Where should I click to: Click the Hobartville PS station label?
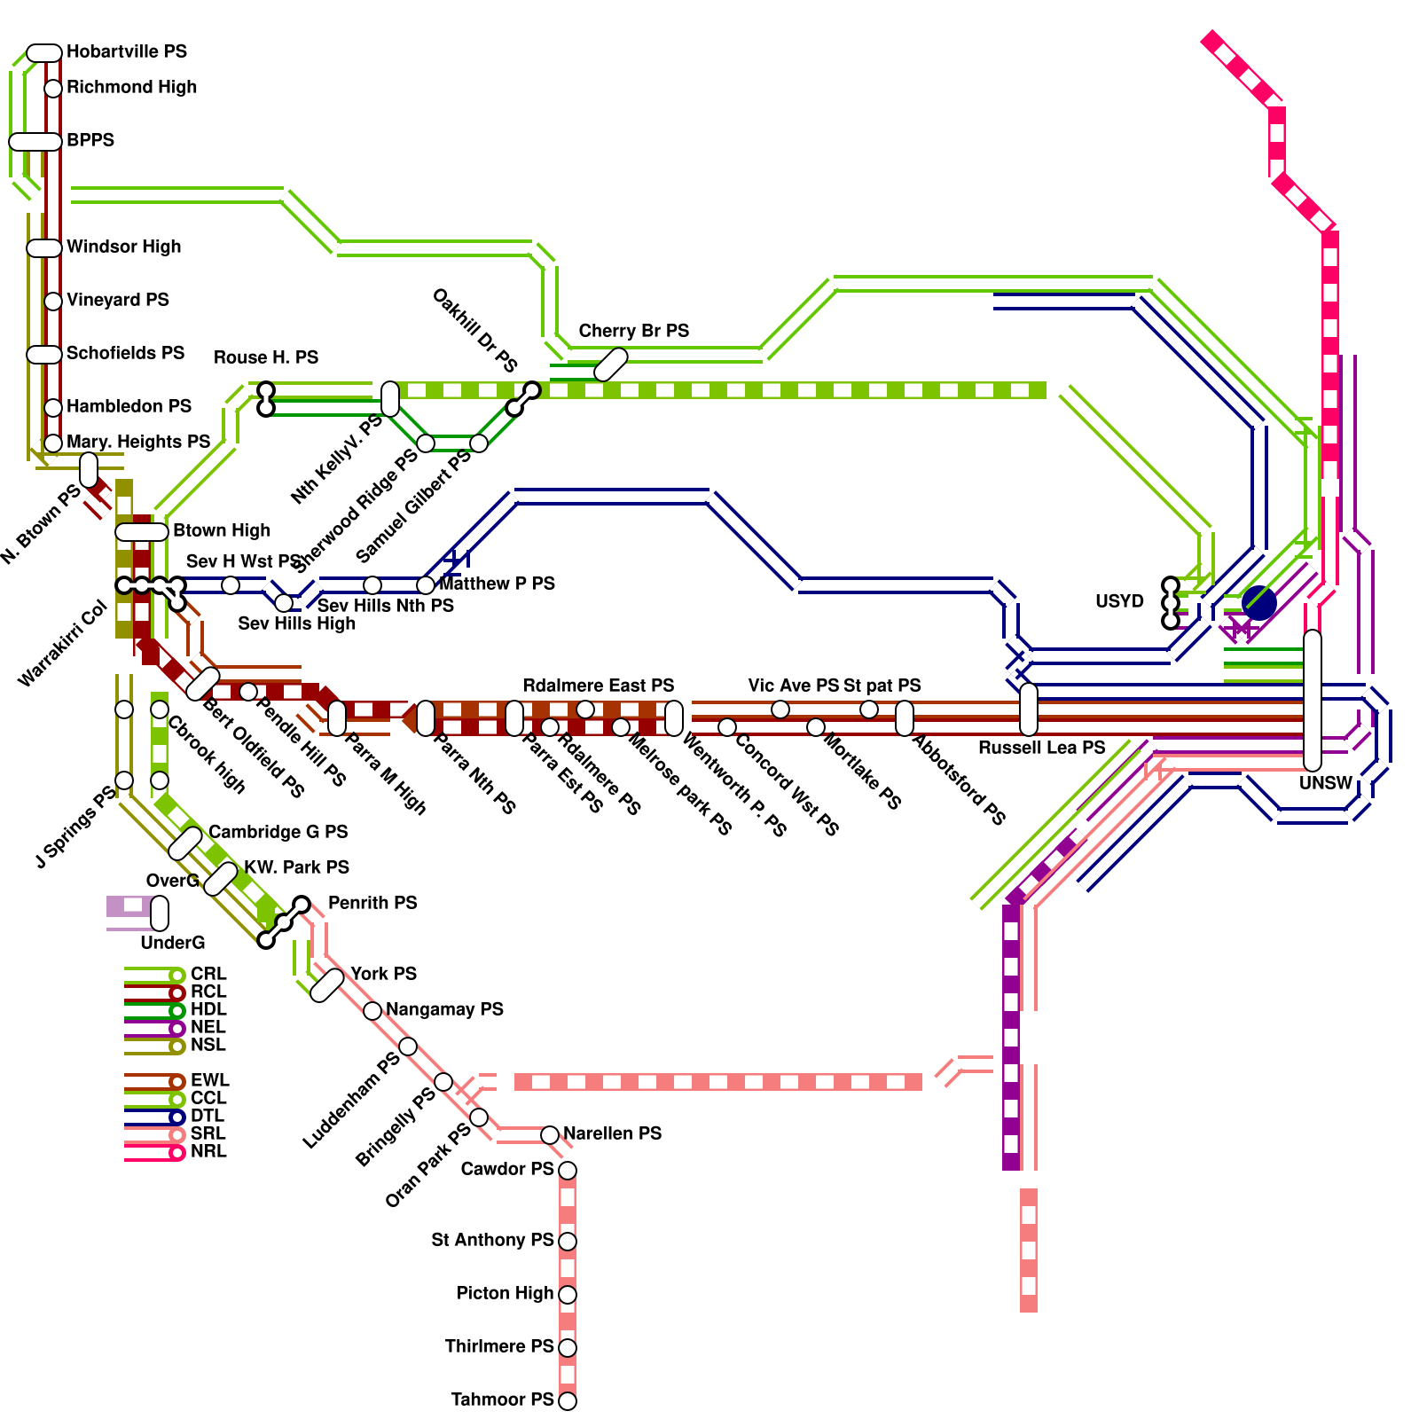pyautogui.click(x=126, y=51)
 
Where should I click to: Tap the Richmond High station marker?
pyautogui.click(x=53, y=89)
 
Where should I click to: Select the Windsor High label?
pyautogui.click(x=123, y=247)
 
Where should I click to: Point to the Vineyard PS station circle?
pyautogui.click(x=53, y=302)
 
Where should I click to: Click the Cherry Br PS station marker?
pyautogui.click(x=610, y=365)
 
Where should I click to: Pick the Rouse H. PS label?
pyautogui.click(x=265, y=357)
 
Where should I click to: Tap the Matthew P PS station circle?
pyautogui.click(x=426, y=585)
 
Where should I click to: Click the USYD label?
pyautogui.click(x=1119, y=601)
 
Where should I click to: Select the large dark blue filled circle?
pyautogui.click(x=1258, y=603)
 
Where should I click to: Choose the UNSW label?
pyautogui.click(x=1325, y=783)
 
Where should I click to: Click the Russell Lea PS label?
pyautogui.click(x=1041, y=748)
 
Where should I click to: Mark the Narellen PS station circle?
pyautogui.click(x=550, y=1135)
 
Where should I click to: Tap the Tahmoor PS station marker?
pyautogui.click(x=568, y=1401)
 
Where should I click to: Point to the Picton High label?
pyautogui.click(x=505, y=1293)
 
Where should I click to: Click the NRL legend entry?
pyautogui.click(x=208, y=1151)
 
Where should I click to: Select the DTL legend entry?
pyautogui.click(x=207, y=1116)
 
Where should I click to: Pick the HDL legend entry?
pyautogui.click(x=208, y=1009)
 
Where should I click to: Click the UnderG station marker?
pyautogui.click(x=160, y=913)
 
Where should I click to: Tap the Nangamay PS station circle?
pyautogui.click(x=372, y=1011)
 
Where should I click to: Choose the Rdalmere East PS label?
pyautogui.click(x=598, y=686)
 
